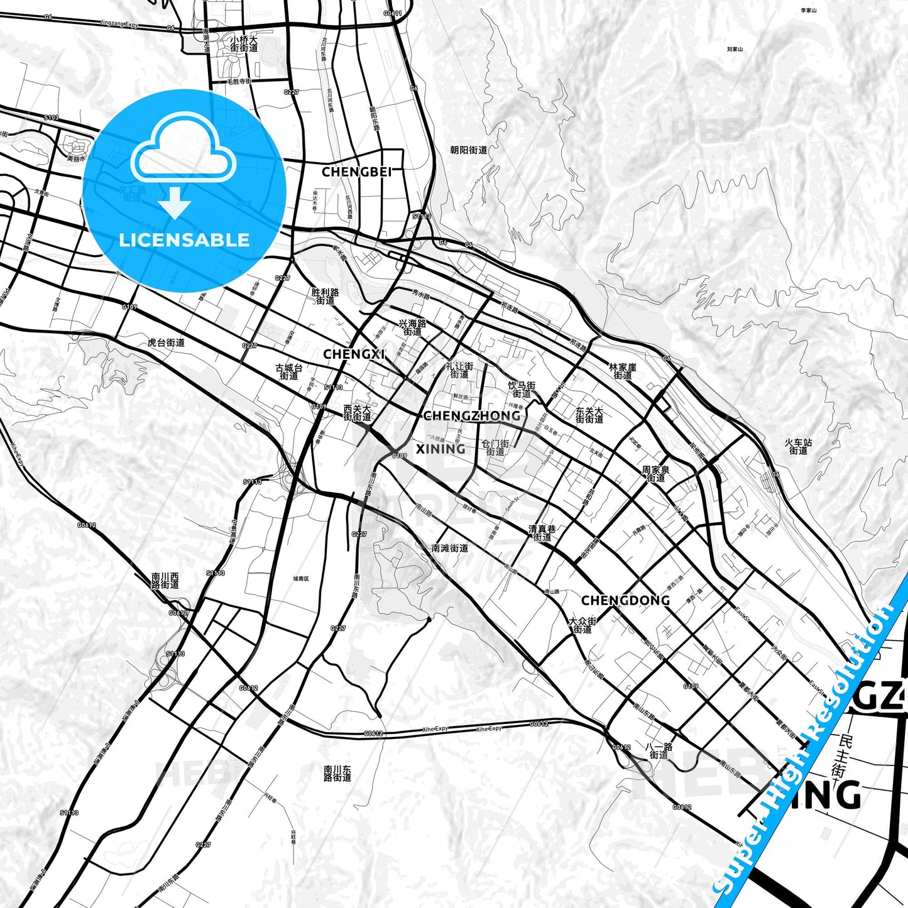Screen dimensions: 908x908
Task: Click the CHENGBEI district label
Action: [x=356, y=172]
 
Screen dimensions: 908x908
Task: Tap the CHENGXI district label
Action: [x=354, y=354]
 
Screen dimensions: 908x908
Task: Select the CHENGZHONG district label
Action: [x=472, y=415]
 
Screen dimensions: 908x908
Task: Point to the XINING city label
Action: [x=440, y=449]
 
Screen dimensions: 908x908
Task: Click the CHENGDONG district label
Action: [x=625, y=600]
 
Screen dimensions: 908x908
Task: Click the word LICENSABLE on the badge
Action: [x=184, y=240]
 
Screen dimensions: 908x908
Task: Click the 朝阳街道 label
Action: [x=469, y=150]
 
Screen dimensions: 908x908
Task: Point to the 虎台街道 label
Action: [x=166, y=342]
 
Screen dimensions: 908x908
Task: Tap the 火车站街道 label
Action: [x=798, y=447]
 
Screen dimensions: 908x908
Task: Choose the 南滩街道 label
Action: [x=450, y=548]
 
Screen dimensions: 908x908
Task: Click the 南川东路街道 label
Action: [x=337, y=774]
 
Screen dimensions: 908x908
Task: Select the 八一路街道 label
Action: [x=659, y=751]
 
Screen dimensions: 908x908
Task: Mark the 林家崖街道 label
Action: [x=623, y=371]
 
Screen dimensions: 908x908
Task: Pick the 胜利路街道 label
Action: [x=325, y=297]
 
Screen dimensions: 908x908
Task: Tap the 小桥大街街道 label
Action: [x=244, y=43]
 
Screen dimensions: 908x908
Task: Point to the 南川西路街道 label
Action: [x=165, y=580]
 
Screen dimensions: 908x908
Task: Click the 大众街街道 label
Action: [x=583, y=625]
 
